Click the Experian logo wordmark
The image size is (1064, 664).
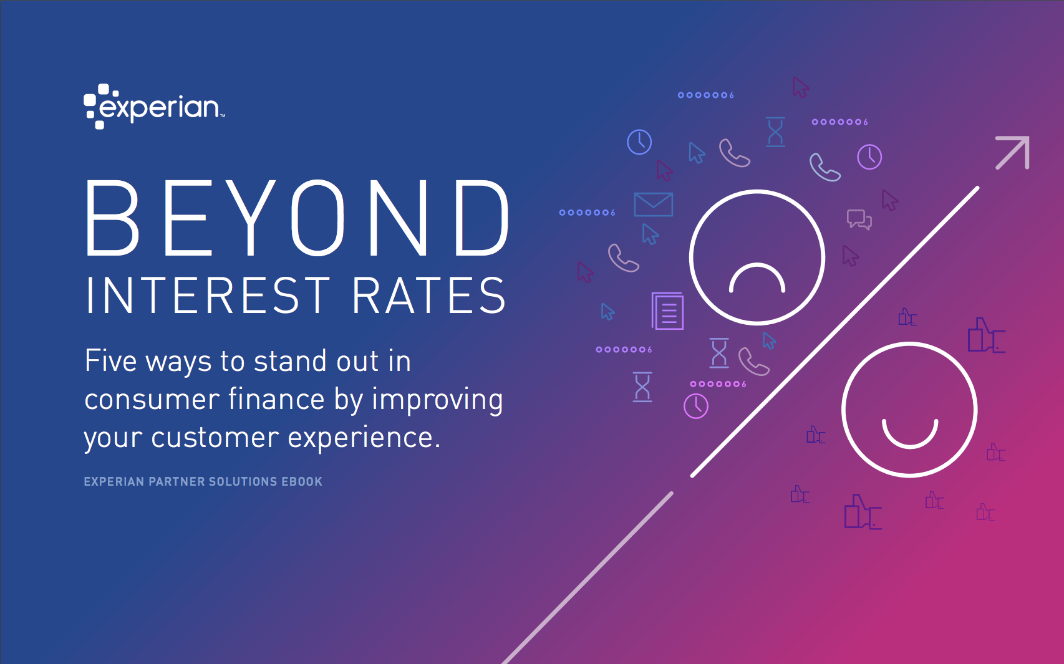pyautogui.click(x=154, y=107)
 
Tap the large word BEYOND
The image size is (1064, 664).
pyautogui.click(x=297, y=218)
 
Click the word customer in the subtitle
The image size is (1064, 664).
pyautogui.click(x=215, y=438)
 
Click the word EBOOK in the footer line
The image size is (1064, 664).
pyautogui.click(x=302, y=481)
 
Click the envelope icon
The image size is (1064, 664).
pyautogui.click(x=653, y=204)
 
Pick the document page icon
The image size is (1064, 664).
pyautogui.click(x=667, y=311)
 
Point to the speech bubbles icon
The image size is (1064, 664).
pyautogui.click(x=859, y=219)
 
